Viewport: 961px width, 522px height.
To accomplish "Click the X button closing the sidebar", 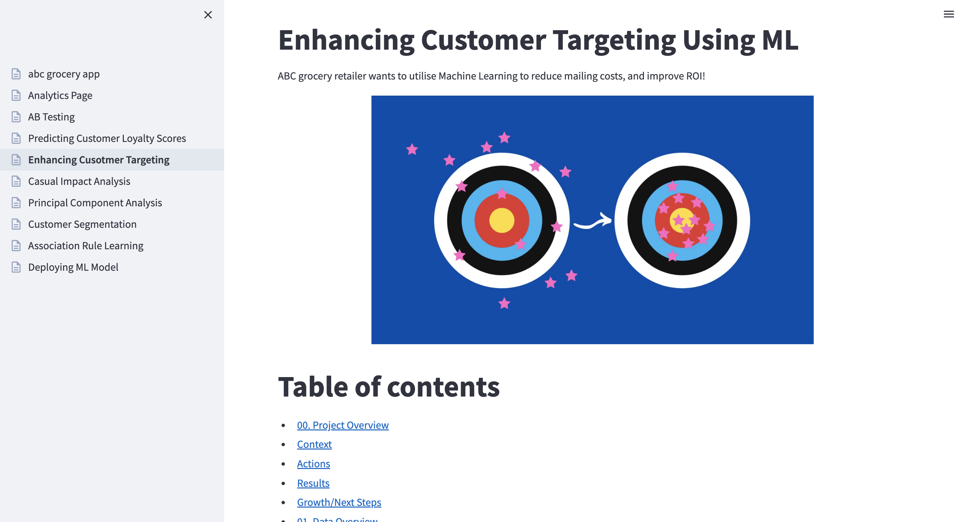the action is [208, 14].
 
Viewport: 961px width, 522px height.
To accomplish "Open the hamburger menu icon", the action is [948, 14].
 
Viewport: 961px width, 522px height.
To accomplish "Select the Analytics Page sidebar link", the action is [60, 96].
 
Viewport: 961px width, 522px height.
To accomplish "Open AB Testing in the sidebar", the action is [51, 117].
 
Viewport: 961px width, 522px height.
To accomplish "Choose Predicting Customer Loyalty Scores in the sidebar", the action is [107, 138].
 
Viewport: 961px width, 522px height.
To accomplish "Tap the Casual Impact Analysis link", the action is [79, 181].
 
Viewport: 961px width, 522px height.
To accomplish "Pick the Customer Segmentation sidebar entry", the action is [83, 224].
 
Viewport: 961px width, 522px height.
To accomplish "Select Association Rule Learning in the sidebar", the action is [86, 246].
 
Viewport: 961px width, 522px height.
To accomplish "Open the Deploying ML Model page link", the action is [73, 267].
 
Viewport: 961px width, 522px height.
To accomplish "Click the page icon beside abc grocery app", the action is [16, 74].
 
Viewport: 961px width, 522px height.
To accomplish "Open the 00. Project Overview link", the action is [343, 425].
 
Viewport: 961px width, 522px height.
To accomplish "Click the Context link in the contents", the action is [314, 444].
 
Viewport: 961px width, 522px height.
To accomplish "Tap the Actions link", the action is [314, 464].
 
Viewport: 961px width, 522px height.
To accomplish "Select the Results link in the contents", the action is [313, 483].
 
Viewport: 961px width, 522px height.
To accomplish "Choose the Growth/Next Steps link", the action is [339, 502].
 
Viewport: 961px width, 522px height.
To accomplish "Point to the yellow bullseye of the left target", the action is [502, 220].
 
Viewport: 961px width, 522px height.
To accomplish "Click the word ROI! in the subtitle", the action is [695, 76].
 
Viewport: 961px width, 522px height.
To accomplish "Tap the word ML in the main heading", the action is [780, 40].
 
